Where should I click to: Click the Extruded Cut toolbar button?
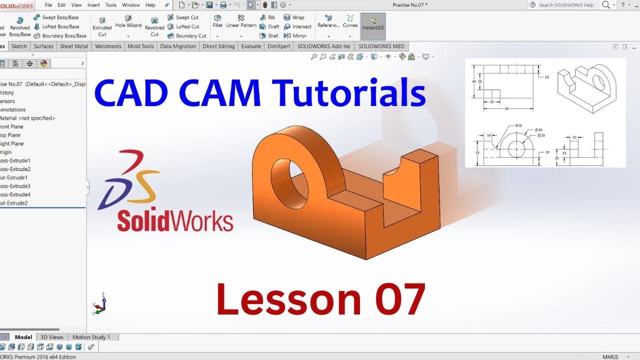click(x=102, y=26)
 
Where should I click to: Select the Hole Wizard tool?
click(x=128, y=22)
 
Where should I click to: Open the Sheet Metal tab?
click(x=74, y=46)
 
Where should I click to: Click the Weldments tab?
click(x=108, y=46)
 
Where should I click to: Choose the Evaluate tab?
click(x=251, y=46)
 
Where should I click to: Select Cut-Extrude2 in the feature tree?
click(x=14, y=203)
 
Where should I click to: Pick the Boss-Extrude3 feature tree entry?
click(x=15, y=186)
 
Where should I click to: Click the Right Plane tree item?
click(x=12, y=143)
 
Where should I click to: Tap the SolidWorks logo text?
click(x=175, y=220)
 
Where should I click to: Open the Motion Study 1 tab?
click(x=91, y=337)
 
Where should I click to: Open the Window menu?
click(x=130, y=5)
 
